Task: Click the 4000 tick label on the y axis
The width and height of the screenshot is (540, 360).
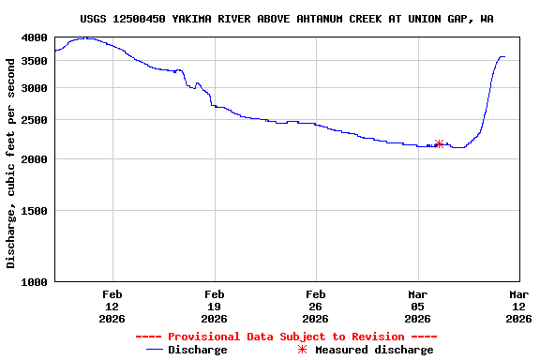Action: click(35, 37)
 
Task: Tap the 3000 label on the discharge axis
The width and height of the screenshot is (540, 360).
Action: click(35, 88)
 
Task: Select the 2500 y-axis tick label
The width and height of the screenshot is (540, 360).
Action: click(35, 120)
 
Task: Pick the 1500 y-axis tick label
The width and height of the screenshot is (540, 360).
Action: click(35, 211)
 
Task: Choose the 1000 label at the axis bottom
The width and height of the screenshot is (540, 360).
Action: click(35, 282)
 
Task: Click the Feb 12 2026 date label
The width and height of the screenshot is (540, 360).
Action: click(112, 306)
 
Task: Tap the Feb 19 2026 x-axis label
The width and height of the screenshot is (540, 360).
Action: click(214, 306)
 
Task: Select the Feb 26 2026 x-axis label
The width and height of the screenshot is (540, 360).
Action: click(315, 306)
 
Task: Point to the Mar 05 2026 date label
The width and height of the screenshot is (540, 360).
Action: click(417, 306)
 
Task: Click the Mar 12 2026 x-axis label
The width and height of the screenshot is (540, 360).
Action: click(518, 306)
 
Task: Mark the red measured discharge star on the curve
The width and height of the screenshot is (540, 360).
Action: click(439, 143)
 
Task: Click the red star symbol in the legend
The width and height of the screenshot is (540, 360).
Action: click(302, 350)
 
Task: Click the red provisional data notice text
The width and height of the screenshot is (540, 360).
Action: click(286, 337)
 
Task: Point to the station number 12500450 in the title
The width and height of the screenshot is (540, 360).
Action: click(139, 19)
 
